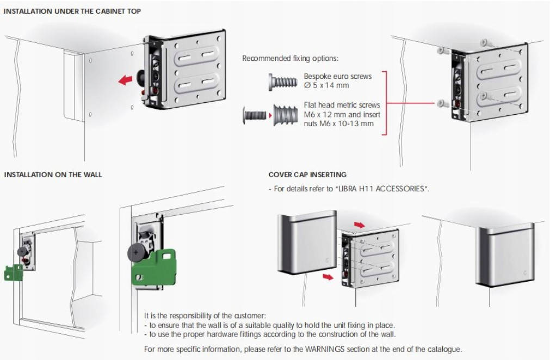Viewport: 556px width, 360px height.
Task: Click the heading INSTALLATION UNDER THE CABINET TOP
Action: coord(72,11)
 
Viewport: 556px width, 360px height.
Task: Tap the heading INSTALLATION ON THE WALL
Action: coord(53,175)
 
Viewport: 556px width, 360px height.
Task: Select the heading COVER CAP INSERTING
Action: coord(307,175)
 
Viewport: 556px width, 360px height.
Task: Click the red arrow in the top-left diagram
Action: coord(126,80)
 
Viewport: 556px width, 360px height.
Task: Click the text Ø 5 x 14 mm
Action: coord(326,85)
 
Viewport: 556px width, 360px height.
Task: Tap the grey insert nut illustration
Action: coord(285,115)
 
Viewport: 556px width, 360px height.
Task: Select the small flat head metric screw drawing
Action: coord(252,115)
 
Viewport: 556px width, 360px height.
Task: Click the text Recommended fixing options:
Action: coord(290,58)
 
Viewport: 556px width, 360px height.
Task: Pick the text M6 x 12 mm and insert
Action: coord(342,114)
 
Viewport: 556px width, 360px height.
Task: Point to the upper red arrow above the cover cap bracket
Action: coord(360,224)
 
